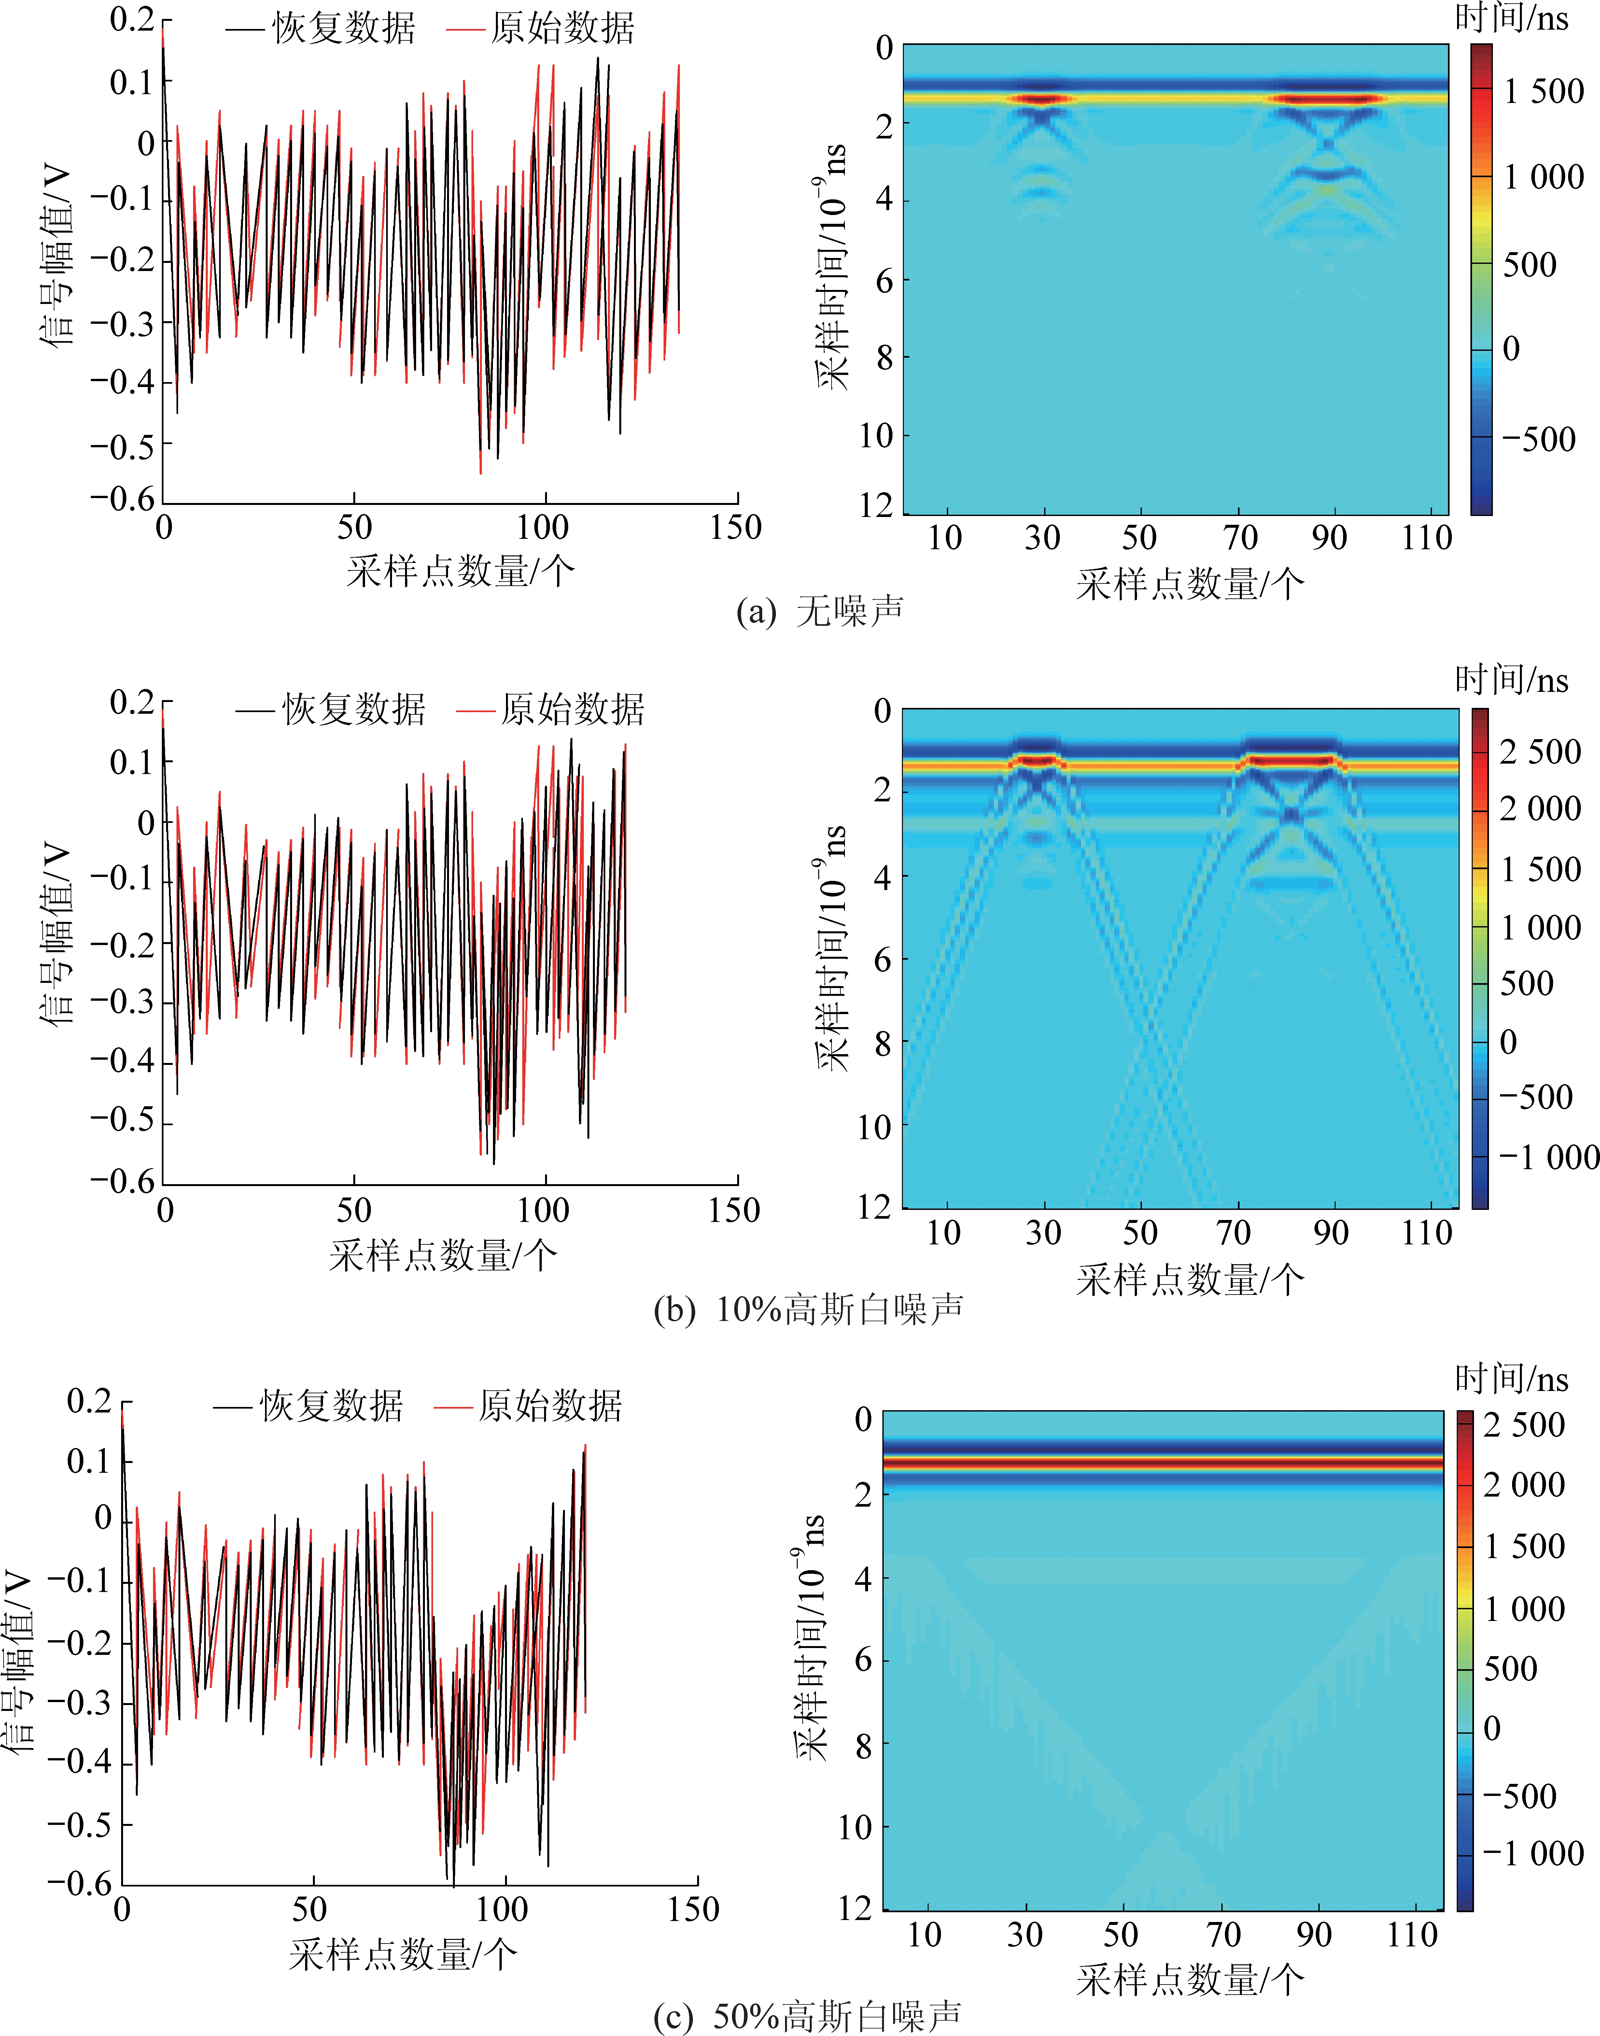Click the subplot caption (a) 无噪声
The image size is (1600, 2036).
pos(820,611)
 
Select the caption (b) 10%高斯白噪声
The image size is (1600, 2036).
pos(807,1309)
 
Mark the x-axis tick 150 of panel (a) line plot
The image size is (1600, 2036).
pos(735,527)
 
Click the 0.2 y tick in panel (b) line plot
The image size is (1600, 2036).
pos(131,702)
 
